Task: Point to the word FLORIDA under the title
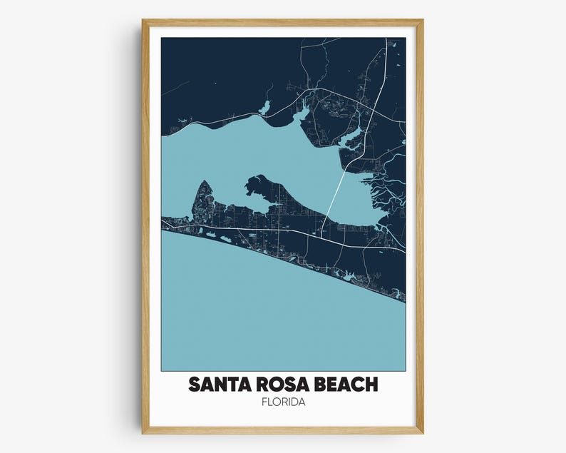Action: click(x=283, y=404)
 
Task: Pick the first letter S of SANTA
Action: click(x=195, y=385)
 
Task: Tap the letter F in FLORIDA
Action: click(x=264, y=404)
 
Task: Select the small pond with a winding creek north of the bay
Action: click(x=265, y=108)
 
